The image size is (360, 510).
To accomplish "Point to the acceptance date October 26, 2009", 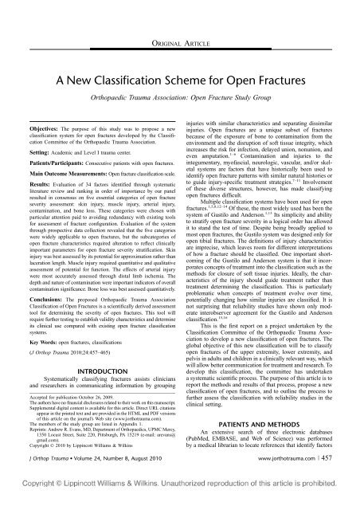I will click(x=97, y=418).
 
